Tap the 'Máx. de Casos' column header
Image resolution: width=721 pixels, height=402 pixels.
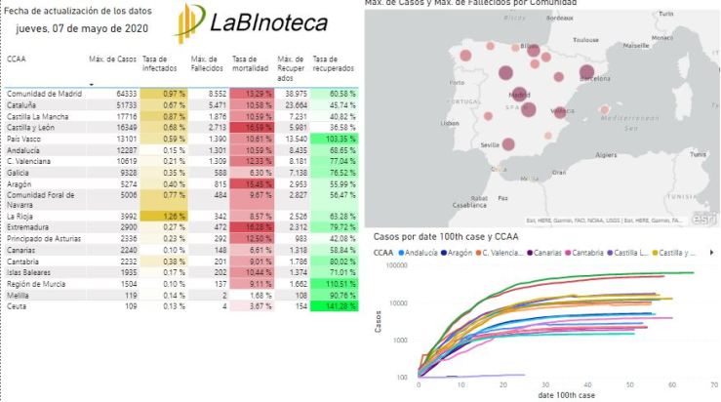click(110, 60)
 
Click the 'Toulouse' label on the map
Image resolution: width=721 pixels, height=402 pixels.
click(585, 40)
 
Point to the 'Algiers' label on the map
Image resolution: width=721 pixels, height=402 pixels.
click(605, 154)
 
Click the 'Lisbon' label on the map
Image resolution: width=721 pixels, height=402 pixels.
click(450, 123)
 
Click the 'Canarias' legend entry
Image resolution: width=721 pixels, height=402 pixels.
click(546, 252)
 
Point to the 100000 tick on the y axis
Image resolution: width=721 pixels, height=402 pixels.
click(394, 264)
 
